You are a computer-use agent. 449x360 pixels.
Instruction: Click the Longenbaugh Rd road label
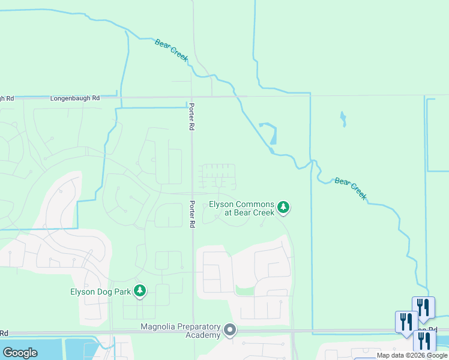pos(75,98)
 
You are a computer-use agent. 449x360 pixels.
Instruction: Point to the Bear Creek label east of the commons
pos(350,188)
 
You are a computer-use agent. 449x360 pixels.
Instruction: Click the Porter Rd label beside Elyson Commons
pos(192,214)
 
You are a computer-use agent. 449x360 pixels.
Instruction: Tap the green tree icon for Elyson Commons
pos(283,208)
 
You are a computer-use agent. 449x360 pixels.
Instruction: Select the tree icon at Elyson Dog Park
pos(140,292)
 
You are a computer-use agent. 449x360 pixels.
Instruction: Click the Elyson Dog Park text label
pos(100,292)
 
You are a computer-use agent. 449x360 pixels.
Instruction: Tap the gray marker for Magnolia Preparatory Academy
pos(230,330)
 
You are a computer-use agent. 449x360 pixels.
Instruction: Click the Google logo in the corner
pos(20,353)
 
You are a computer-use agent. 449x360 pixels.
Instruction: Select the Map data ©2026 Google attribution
pos(412,355)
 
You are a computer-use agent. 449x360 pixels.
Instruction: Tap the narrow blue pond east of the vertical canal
pos(343,119)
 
